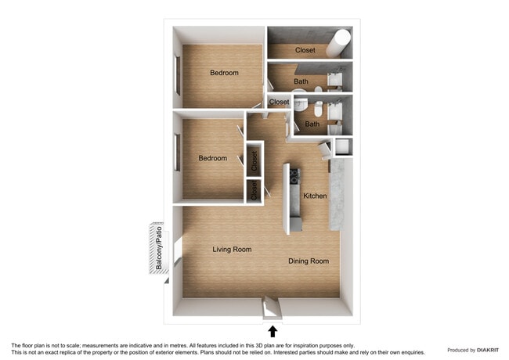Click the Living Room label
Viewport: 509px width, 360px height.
click(x=232, y=250)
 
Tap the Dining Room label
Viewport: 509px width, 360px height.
click(x=309, y=261)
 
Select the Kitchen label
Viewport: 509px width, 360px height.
click(x=315, y=196)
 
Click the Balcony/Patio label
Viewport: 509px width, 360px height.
click(x=158, y=248)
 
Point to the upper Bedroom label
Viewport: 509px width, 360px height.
click(x=224, y=73)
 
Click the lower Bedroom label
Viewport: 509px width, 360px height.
click(x=212, y=158)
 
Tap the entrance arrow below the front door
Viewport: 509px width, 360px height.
click(x=273, y=331)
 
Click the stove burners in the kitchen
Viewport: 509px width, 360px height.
click(x=294, y=175)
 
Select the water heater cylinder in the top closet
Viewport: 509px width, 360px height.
click(x=341, y=42)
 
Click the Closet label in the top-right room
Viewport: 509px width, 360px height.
click(x=305, y=50)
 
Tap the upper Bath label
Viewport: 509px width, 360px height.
click(x=301, y=81)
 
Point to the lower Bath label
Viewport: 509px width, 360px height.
click(x=312, y=124)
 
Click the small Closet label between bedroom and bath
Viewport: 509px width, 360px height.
click(x=279, y=102)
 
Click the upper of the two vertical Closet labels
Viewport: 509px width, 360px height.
click(x=254, y=161)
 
